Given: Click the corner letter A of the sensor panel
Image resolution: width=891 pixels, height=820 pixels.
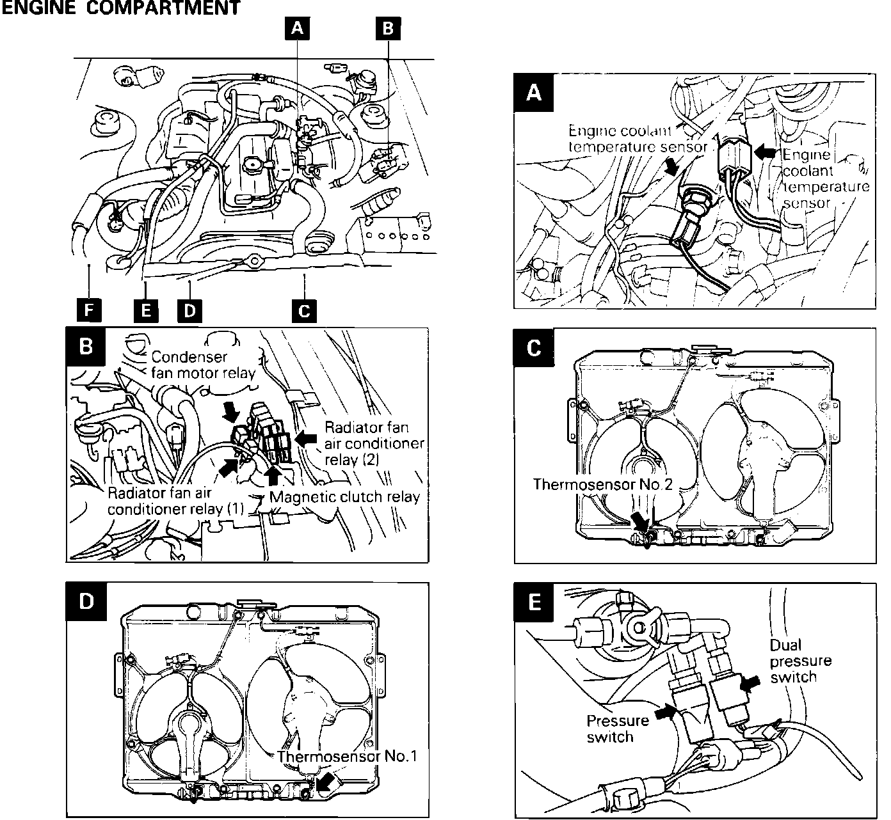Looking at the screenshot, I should pos(533,93).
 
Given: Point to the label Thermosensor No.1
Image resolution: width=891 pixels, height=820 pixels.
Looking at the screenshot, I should pos(347,756).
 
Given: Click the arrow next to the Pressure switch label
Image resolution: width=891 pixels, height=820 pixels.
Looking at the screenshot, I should pos(664,709).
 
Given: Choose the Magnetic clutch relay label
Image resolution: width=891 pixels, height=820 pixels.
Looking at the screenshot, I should pos(344,497).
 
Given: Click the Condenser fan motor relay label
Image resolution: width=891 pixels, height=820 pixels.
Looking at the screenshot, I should pos(203,365).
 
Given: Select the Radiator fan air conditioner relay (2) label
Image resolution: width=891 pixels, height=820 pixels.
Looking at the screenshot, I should pos(374,443).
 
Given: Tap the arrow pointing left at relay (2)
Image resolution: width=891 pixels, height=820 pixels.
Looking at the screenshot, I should pos(307,438).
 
